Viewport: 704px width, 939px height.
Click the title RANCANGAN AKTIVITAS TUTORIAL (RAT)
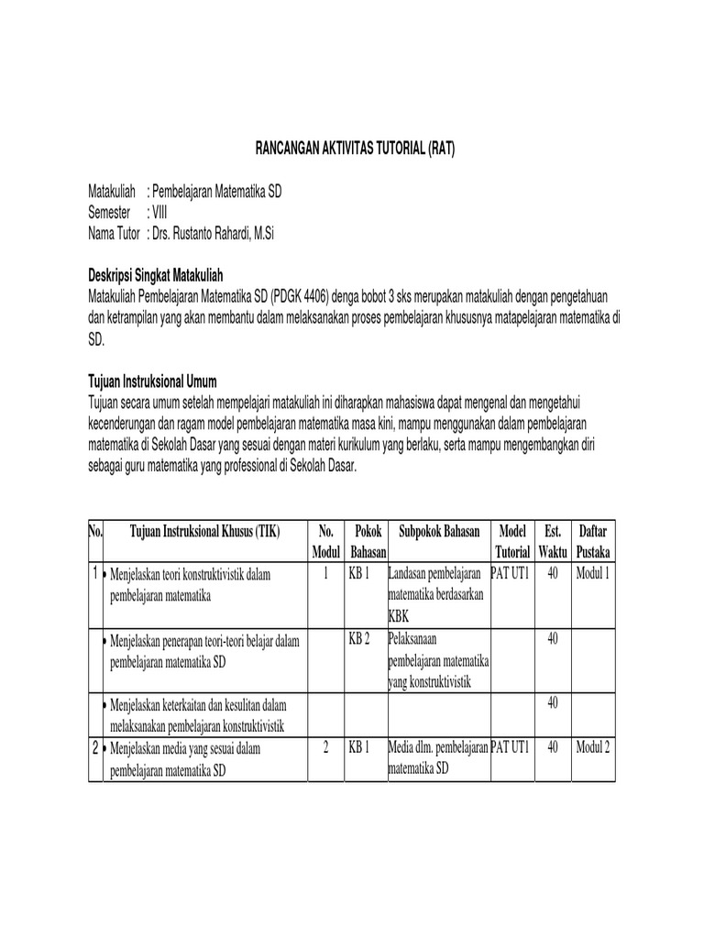pos(352,148)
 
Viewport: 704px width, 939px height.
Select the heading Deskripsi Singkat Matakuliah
pos(155,275)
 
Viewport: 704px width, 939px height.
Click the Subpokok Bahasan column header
pos(439,532)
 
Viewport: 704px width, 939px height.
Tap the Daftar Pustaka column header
pos(594,542)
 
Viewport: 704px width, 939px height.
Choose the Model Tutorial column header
pos(512,542)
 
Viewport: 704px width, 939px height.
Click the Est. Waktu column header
pos(552,542)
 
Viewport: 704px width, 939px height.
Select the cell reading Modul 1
pos(593,573)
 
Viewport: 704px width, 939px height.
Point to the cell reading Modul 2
pos(593,747)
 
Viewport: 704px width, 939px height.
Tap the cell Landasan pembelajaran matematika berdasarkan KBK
pos(438,593)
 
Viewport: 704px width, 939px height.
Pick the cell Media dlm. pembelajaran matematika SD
pos(438,757)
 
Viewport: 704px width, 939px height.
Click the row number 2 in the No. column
pos(95,748)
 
